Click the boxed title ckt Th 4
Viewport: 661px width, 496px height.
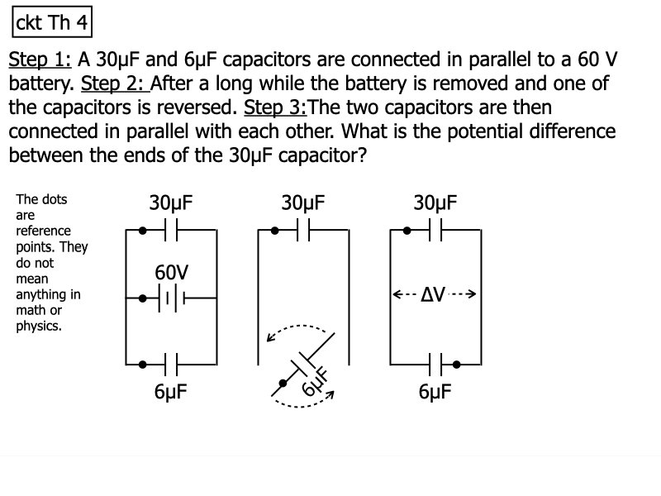[51, 22]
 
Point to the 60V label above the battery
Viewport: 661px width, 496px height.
[171, 273]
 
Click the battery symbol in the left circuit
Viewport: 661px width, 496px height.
[171, 298]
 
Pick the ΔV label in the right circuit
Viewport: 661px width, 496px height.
[434, 294]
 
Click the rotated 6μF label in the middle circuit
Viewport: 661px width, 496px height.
[316, 382]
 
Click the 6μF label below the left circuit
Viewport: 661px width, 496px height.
[171, 392]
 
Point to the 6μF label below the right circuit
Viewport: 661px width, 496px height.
[435, 392]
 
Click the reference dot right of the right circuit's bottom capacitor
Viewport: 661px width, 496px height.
[456, 363]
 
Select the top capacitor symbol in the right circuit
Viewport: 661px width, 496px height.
[435, 230]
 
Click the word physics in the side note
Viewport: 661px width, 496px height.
[39, 326]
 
